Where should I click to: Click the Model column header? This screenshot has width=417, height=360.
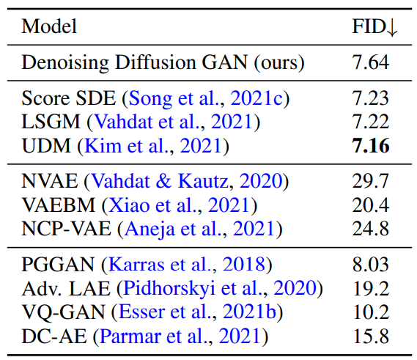[x=49, y=26]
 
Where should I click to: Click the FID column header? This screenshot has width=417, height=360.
[x=374, y=27]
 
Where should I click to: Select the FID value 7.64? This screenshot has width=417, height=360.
[x=370, y=62]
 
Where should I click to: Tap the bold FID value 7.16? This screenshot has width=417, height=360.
[x=371, y=146]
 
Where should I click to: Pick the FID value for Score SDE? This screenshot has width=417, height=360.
[x=370, y=98]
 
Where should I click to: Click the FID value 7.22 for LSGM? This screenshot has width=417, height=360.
[x=370, y=122]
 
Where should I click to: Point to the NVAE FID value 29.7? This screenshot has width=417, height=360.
[x=370, y=181]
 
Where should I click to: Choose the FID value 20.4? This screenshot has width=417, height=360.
[x=370, y=205]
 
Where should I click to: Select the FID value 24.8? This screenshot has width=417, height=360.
[x=370, y=229]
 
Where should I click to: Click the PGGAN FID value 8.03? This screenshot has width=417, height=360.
[x=370, y=264]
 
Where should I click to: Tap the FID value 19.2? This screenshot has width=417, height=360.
[x=371, y=288]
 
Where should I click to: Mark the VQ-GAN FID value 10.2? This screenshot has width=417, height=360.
[x=371, y=312]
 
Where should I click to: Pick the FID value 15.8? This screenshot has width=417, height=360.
[x=371, y=336]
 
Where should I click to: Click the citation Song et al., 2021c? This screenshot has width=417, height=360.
[x=206, y=99]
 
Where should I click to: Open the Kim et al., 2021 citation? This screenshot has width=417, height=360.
[x=153, y=146]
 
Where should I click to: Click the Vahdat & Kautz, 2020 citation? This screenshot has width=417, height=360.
[x=186, y=181]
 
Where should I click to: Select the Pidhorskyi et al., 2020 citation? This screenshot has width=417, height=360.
[x=220, y=289]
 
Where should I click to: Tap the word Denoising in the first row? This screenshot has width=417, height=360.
[x=65, y=63]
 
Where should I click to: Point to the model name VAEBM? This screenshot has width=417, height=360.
[x=58, y=205]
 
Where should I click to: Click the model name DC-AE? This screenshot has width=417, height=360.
[x=54, y=336]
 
